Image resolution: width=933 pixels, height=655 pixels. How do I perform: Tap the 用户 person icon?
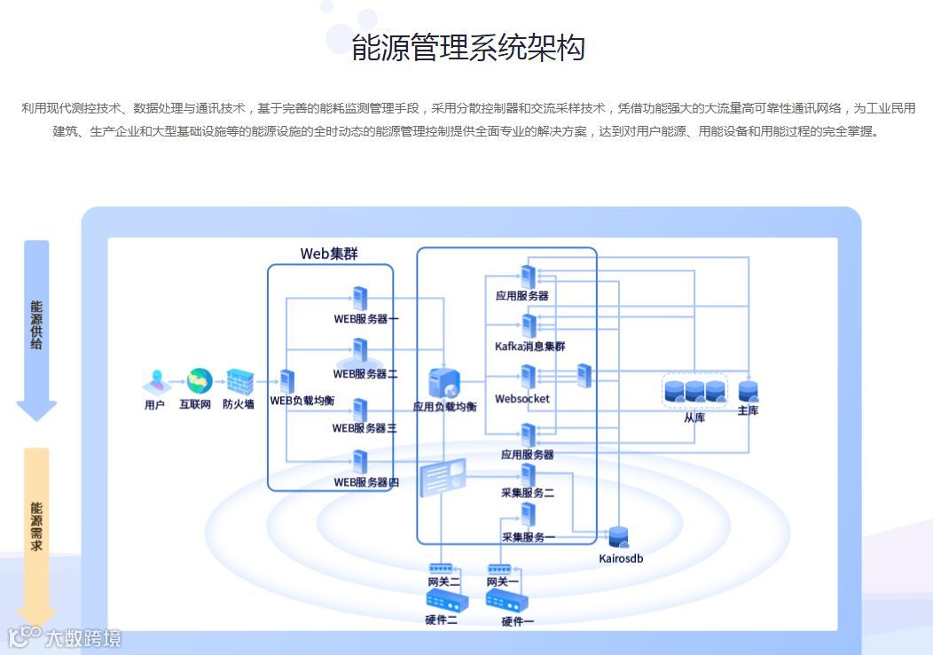155,382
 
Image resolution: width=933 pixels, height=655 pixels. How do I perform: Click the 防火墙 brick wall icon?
239,382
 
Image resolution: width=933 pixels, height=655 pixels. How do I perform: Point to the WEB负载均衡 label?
302,401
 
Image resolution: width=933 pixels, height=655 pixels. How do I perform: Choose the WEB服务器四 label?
365,482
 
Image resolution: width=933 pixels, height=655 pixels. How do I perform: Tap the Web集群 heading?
329,253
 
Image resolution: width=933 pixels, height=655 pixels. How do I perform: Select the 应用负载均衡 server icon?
443,383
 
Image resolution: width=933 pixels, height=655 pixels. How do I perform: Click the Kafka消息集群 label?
529,347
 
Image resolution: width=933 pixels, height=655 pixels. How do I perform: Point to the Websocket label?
522,399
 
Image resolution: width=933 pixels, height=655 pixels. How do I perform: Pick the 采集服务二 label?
528,492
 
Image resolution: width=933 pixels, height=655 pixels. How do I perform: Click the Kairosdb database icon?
618,537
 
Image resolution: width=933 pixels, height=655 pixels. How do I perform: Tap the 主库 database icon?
748,391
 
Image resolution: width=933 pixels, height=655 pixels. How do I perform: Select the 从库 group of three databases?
695,390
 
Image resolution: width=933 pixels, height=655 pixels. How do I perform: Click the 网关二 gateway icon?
442,567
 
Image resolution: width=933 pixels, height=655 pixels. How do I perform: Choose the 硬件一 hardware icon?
501,602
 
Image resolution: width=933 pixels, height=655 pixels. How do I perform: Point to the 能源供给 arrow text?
36,324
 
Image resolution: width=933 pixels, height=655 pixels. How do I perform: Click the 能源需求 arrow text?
36,526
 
